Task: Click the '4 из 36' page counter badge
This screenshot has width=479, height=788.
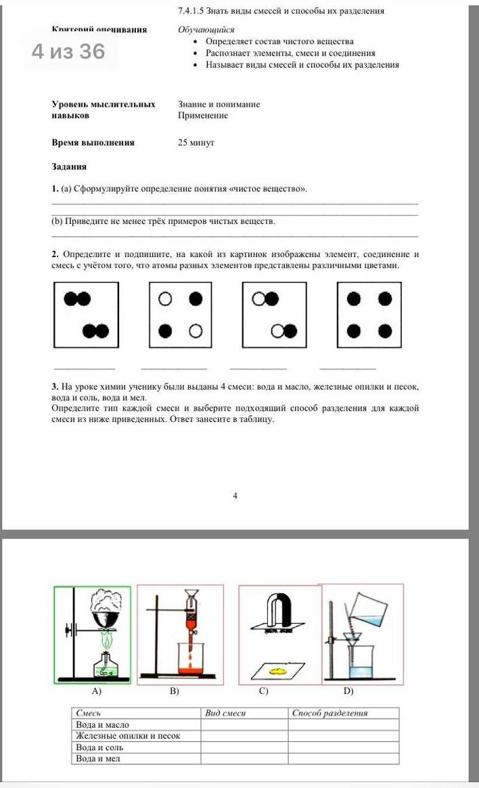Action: [x=68, y=51]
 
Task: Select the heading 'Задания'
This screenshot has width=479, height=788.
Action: [x=69, y=166]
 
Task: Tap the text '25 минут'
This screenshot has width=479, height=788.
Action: [x=196, y=143]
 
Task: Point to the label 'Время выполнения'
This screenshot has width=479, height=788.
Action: [x=93, y=143]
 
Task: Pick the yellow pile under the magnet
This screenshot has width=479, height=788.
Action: [x=277, y=671]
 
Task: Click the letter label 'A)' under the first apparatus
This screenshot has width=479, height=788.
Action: [x=96, y=692]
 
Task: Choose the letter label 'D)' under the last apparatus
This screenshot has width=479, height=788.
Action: [x=348, y=692]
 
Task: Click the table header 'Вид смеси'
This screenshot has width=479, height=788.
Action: [x=225, y=713]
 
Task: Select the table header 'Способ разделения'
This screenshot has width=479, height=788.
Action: [x=330, y=713]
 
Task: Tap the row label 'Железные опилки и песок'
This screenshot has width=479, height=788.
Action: [x=128, y=736]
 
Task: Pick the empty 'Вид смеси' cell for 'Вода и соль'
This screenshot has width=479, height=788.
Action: [x=244, y=747]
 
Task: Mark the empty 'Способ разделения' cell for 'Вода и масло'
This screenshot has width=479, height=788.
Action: [x=343, y=724]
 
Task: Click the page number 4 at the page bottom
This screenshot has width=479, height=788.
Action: [x=235, y=496]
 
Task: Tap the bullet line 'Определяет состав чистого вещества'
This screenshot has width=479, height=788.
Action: [x=279, y=41]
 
